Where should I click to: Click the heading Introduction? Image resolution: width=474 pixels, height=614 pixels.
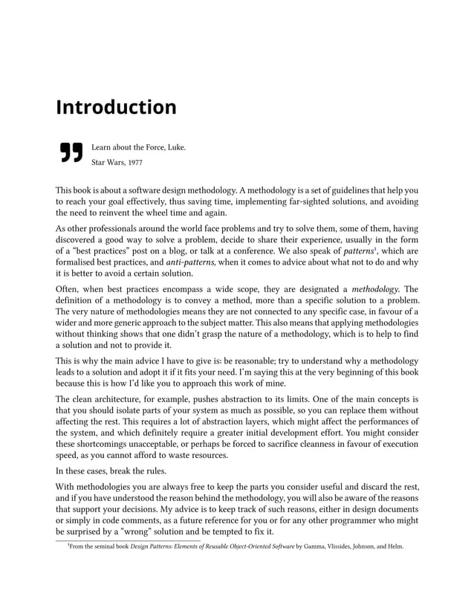(116, 107)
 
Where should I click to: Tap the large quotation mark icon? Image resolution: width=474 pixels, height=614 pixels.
(70, 151)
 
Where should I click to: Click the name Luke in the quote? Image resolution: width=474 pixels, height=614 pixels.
(175, 146)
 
